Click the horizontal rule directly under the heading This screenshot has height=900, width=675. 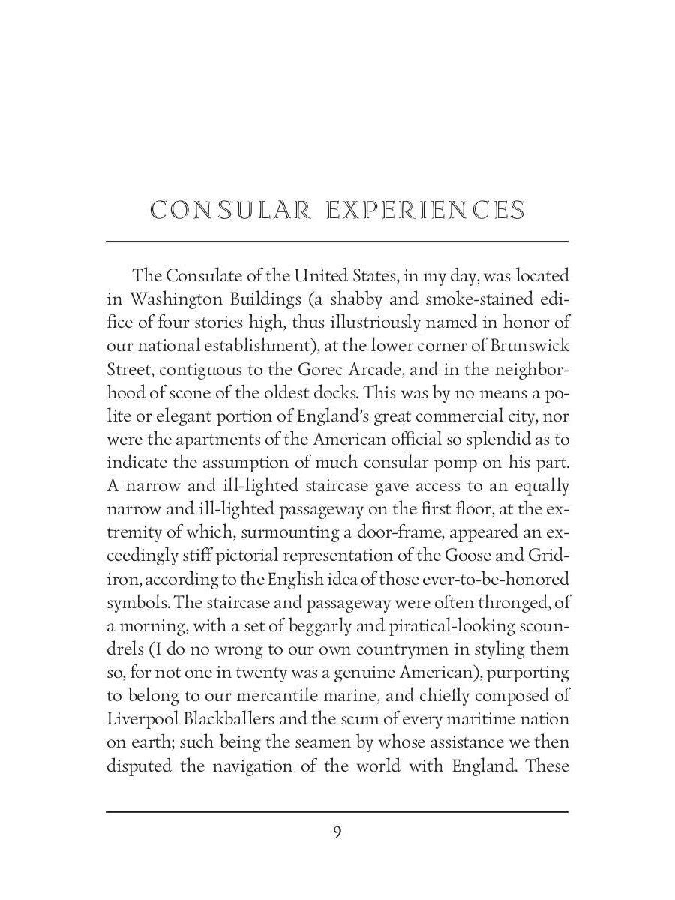337,241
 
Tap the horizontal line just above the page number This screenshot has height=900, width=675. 337,811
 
